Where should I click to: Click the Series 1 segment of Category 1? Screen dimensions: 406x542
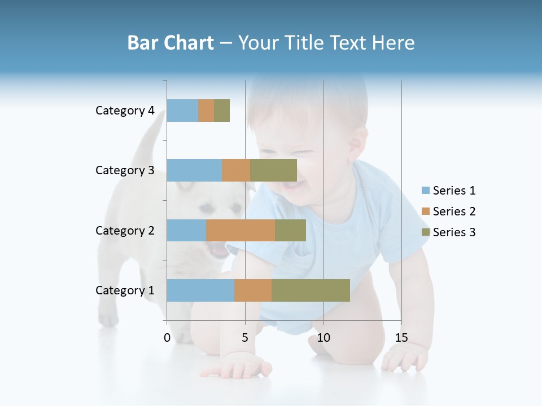200,290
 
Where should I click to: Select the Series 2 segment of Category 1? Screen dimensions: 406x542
253,290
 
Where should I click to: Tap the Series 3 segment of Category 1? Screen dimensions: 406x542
311,290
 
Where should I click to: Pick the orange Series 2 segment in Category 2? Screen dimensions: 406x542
241,230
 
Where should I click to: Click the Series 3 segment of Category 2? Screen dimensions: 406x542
290,230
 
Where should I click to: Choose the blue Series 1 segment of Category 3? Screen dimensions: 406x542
194,170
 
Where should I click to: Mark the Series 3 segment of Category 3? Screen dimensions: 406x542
273,170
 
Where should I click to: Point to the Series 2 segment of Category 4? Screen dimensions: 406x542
206,111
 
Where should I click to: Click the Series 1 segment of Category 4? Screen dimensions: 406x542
182,111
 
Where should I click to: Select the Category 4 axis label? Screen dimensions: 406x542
125,111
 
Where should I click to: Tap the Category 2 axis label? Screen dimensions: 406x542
125,230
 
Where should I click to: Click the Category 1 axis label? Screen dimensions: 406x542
125,290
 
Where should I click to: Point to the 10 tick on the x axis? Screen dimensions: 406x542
323,338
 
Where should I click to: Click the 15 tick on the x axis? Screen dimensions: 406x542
401,338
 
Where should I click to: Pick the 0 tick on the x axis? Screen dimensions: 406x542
167,338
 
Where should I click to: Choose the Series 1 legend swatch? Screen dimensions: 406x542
425,191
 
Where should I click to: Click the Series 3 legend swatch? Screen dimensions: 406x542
425,232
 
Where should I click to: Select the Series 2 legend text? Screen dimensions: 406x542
454,211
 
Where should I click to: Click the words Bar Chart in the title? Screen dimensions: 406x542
171,43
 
